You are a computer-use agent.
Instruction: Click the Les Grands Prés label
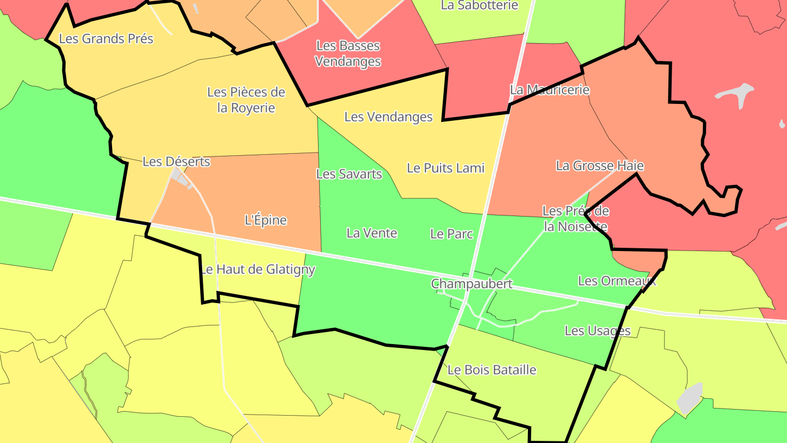pos(106,39)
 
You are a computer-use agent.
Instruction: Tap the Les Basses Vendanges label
pos(348,54)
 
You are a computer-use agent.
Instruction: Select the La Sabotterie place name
pos(479,5)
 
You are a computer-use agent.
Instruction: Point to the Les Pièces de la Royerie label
pos(246,100)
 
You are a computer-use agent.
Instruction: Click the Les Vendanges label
pos(388,116)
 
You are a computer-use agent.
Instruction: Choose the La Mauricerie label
pos(549,89)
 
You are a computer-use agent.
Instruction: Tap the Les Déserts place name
pos(176,161)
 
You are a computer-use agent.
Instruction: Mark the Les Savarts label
pos(349,174)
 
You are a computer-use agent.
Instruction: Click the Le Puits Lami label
pos(445,168)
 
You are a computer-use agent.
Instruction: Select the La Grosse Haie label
pos(600,165)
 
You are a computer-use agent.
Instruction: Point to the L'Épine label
pos(266,220)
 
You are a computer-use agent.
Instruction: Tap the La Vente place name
pos(372,233)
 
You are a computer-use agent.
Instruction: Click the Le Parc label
pos(451,234)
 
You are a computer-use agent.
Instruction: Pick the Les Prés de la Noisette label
pos(575,218)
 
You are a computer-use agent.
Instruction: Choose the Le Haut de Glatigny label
pos(257,269)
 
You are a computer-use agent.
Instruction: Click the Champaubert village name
pos(472,283)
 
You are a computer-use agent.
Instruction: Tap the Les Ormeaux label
pos(616,281)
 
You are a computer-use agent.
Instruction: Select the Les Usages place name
pos(597,330)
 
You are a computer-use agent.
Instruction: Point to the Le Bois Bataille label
pos(492,370)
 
